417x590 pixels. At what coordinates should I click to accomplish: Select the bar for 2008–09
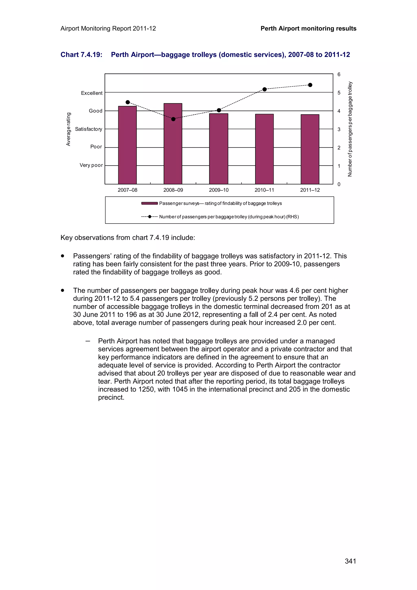(173, 144)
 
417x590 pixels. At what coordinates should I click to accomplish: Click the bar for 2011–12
(310, 149)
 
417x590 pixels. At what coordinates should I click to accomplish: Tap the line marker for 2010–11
(264, 89)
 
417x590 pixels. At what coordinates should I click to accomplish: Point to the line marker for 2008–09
(173, 119)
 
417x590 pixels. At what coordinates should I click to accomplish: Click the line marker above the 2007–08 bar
(128, 102)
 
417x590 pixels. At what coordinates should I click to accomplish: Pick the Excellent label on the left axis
(92, 93)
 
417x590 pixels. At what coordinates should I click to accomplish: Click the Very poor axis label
(91, 165)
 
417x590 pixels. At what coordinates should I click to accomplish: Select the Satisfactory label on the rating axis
(89, 129)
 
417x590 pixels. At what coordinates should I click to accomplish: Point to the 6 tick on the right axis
(339, 75)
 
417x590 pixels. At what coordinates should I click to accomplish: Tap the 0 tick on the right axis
(339, 184)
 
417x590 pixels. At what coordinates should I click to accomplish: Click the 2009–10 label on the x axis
(219, 190)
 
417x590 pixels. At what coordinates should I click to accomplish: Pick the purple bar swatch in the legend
(149, 203)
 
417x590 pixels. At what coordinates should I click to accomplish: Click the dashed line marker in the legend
(149, 217)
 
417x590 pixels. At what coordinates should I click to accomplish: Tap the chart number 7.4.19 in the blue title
(91, 55)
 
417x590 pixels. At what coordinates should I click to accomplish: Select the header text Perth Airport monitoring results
(308, 29)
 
